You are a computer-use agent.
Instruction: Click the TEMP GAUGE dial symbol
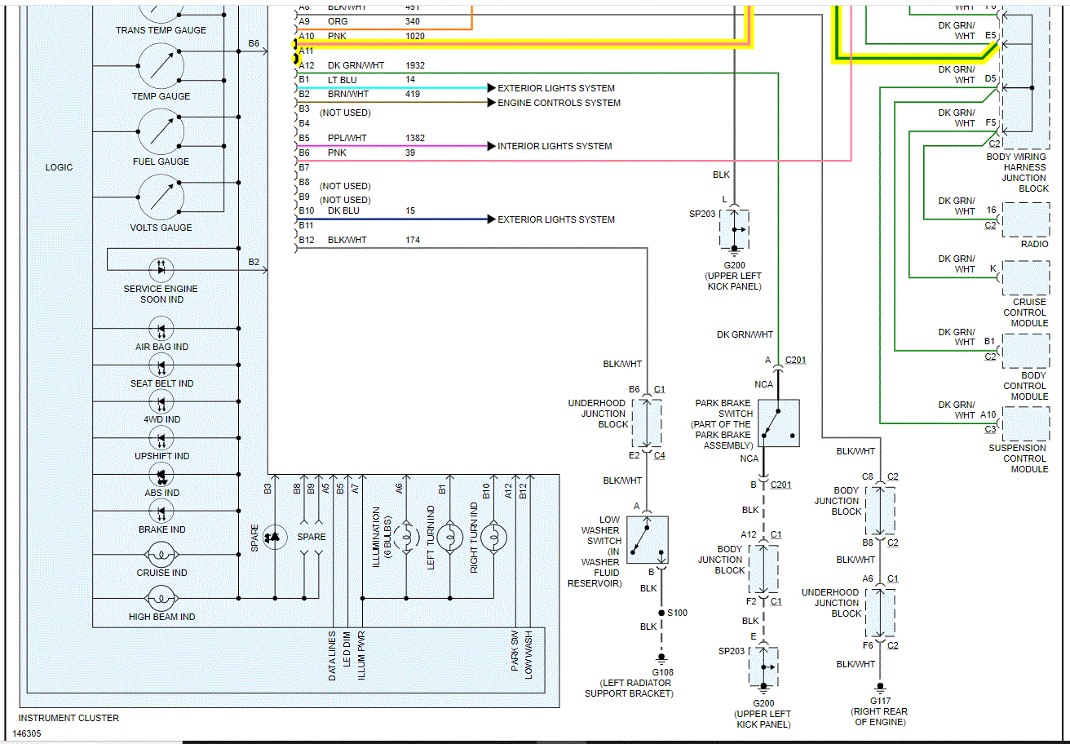point(161,66)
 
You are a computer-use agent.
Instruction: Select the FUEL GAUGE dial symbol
point(161,131)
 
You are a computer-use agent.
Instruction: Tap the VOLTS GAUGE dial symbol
point(161,197)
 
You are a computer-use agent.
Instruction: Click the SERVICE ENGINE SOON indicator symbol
point(161,268)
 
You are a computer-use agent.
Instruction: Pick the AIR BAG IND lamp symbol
point(161,329)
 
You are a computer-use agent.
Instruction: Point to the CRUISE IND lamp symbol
point(161,556)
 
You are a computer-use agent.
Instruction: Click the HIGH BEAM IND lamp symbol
point(161,600)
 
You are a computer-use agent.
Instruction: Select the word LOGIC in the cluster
point(59,167)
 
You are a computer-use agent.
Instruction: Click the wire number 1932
point(415,65)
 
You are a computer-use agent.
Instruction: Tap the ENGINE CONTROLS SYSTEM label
point(559,103)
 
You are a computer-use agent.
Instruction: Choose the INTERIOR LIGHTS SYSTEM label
point(555,146)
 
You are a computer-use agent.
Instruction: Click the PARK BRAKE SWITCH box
point(778,423)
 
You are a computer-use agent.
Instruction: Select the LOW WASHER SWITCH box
point(648,539)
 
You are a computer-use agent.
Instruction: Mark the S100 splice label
point(677,612)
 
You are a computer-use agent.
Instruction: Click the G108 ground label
point(662,672)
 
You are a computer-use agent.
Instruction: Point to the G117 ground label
point(880,700)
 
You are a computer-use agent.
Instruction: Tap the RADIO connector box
point(1026,219)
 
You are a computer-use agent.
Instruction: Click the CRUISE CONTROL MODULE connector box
point(1026,278)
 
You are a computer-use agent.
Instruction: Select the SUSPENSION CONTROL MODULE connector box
point(1026,423)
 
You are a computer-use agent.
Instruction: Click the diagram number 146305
point(28,733)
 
